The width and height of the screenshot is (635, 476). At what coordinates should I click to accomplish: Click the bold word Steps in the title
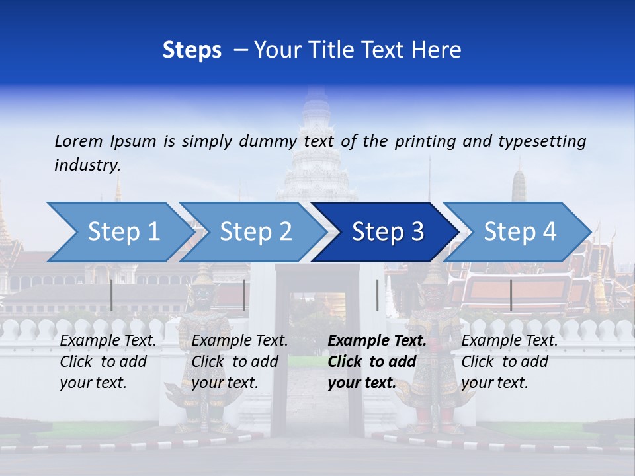coord(192,50)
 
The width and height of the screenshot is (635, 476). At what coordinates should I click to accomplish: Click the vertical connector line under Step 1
coord(112,295)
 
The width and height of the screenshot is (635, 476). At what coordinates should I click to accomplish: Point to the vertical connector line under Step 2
coord(244,295)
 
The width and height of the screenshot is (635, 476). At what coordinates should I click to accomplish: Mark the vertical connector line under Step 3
coord(377,295)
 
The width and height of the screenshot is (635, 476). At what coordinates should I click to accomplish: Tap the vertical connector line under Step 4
coord(511,295)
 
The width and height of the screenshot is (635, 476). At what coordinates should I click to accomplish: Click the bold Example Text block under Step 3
coord(377,362)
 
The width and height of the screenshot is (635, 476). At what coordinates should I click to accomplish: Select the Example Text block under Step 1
coord(108,362)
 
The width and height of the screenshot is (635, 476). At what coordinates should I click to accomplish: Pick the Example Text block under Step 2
coord(239,362)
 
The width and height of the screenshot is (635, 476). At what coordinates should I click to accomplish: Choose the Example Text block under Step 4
coord(509,362)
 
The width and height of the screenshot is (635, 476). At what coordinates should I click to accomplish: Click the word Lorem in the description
coord(79,141)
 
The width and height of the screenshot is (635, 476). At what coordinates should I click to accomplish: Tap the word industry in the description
coord(87,165)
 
